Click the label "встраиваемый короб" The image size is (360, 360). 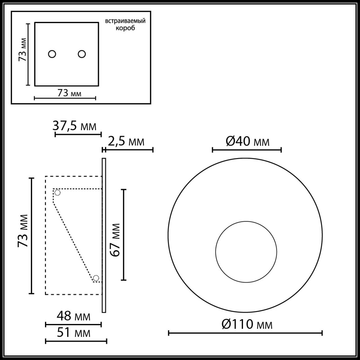click(125, 24)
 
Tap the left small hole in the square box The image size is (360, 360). click(52, 54)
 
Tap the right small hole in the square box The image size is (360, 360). click(82, 54)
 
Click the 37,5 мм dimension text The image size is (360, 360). click(75, 126)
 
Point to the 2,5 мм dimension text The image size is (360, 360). click(126, 141)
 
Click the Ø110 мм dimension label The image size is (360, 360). click(247, 324)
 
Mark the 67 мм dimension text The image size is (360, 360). click(115, 240)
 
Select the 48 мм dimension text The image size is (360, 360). click(74, 316)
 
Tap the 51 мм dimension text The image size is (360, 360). click(74, 333)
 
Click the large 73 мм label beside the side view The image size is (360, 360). click(23, 231)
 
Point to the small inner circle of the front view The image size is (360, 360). click(246, 251)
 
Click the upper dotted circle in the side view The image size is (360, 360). click(57, 193)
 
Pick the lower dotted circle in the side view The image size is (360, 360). click(96, 278)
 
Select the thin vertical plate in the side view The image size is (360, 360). click(104, 235)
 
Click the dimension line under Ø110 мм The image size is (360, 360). click(245, 333)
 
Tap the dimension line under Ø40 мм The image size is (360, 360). click(247, 150)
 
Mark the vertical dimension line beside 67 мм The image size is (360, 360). click(124, 235)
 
